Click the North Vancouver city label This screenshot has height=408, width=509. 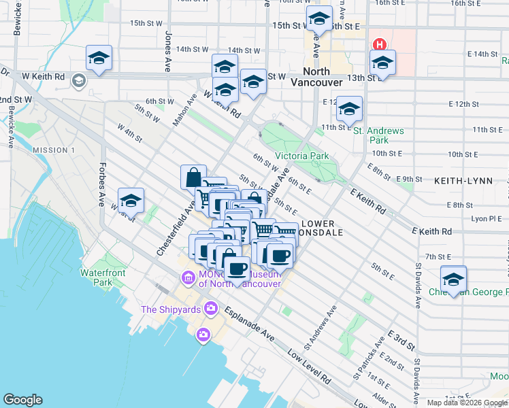tap(310, 76)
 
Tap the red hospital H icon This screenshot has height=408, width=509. tap(380, 46)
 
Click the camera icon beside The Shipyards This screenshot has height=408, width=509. tap(210, 309)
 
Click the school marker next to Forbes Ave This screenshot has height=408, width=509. tap(131, 201)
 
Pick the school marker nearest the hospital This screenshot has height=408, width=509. tap(382, 63)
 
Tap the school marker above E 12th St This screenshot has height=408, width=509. tap(349, 109)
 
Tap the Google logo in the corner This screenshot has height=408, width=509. tap(22, 400)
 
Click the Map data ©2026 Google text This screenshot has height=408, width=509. tap(467, 403)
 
